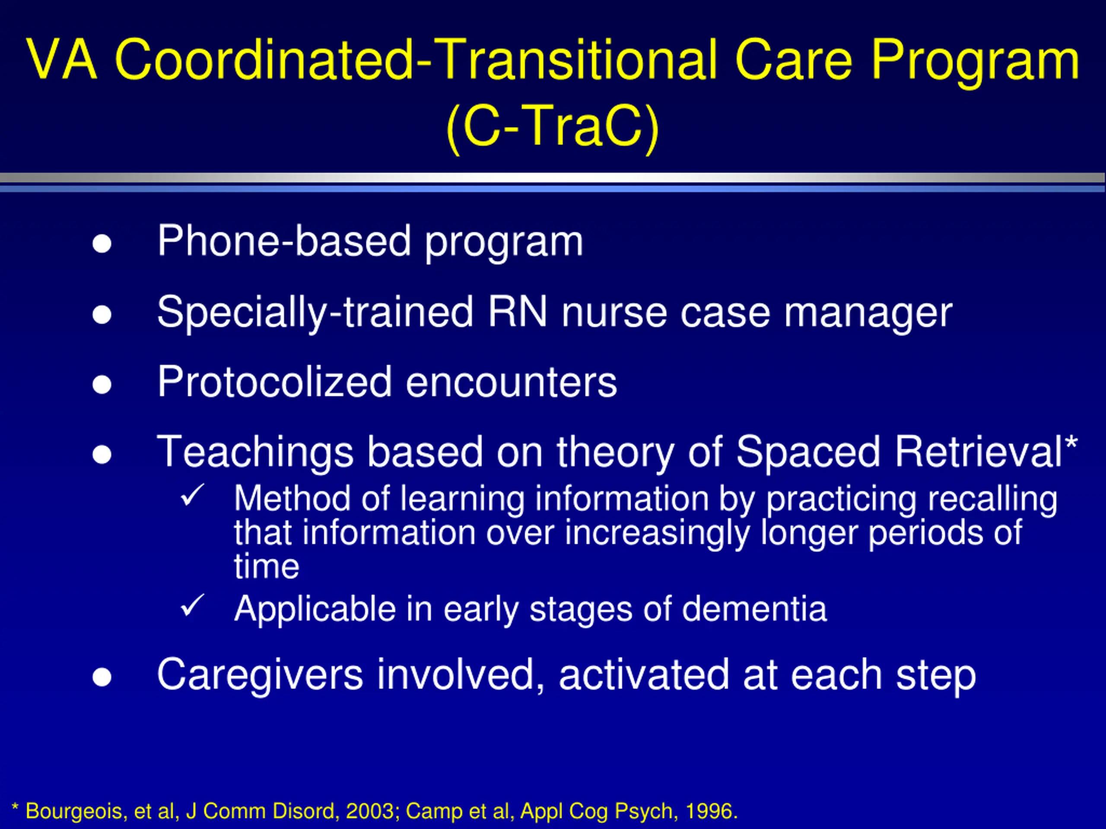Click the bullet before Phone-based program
(x=102, y=244)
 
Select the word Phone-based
(x=284, y=241)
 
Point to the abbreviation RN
(x=518, y=312)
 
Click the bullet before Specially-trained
(x=102, y=314)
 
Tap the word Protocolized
(x=274, y=382)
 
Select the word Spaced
(x=807, y=452)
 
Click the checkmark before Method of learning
(x=192, y=495)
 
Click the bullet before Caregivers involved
(x=102, y=677)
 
